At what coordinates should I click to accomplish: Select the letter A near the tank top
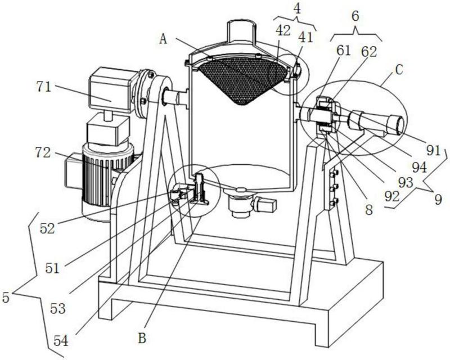[x=164, y=39]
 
